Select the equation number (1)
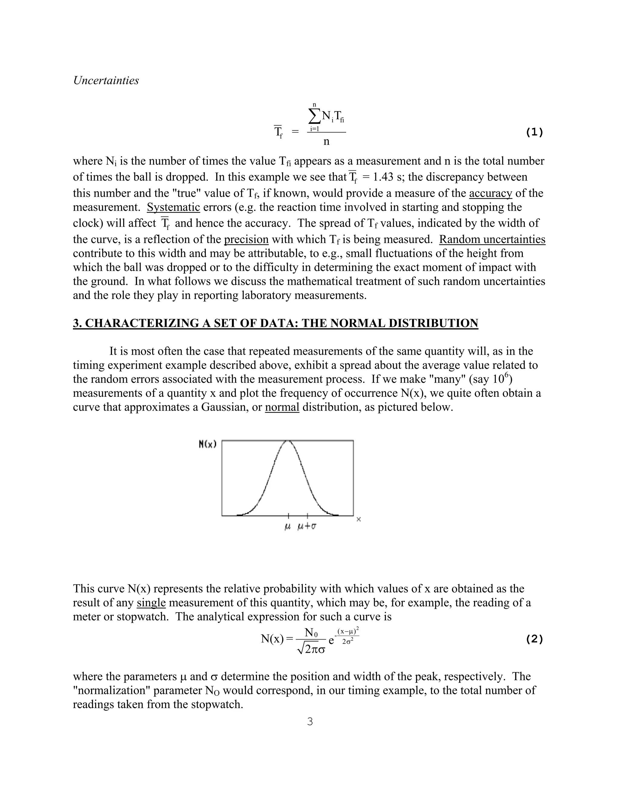[x=534, y=132]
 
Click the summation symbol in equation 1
[x=315, y=117]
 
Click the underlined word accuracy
[x=490, y=193]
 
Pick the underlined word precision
[x=246, y=239]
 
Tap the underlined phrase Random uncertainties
[x=492, y=239]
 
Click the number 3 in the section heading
[x=76, y=323]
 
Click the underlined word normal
[x=282, y=407]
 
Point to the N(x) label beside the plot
[x=207, y=444]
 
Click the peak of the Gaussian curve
[x=288, y=441]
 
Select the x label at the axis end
[x=359, y=519]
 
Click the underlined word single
[x=151, y=603]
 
